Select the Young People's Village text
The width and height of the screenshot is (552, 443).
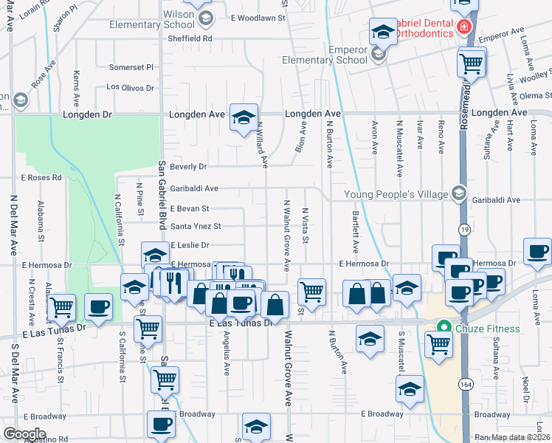396,194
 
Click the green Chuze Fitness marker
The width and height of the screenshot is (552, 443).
444,329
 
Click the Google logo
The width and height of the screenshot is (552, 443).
24,433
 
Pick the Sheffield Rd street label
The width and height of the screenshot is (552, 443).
190,38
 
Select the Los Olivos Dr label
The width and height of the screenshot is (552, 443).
131,87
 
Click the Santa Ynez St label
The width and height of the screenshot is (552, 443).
196,227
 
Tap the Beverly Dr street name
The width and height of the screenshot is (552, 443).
187,167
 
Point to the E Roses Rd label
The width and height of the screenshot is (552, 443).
41,178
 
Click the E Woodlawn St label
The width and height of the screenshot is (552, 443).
258,18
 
